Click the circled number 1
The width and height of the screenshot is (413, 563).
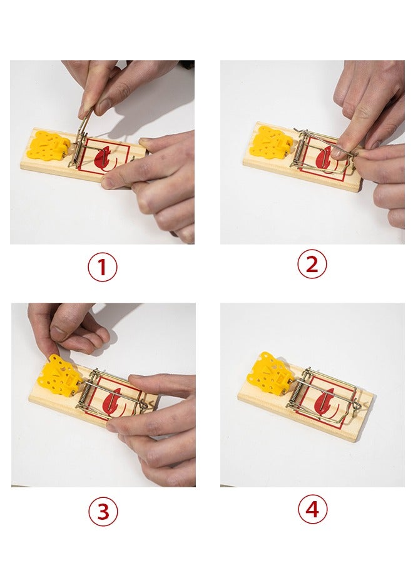(103, 266)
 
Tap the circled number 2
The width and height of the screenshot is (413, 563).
(312, 264)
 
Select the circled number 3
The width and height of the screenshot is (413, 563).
(103, 512)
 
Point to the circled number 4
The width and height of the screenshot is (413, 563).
(313, 509)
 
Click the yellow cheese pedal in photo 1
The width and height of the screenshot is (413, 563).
(49, 145)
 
